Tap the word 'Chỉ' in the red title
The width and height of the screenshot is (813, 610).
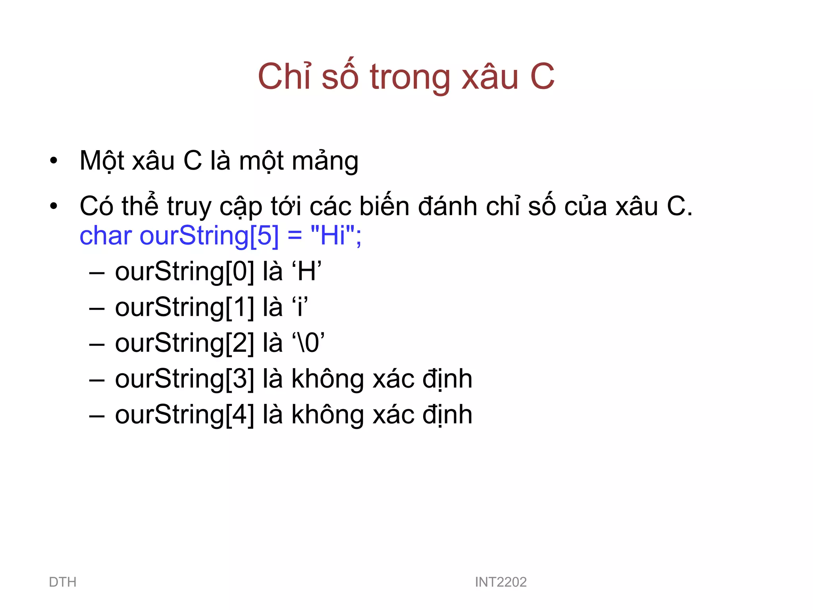pyautogui.click(x=284, y=76)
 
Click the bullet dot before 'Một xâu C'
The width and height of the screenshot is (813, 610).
pyautogui.click(x=54, y=161)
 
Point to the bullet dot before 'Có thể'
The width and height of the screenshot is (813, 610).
pyautogui.click(x=54, y=207)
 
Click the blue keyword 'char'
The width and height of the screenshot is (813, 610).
pyautogui.click(x=106, y=236)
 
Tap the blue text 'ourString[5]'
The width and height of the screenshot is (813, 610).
pyautogui.click(x=209, y=236)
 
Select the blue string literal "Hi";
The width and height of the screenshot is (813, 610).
pyautogui.click(x=336, y=236)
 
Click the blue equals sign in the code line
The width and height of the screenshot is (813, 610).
pyautogui.click(x=295, y=236)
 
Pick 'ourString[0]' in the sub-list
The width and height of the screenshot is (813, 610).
pyautogui.click(x=185, y=272)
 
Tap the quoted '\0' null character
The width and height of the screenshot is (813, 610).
pyautogui.click(x=308, y=343)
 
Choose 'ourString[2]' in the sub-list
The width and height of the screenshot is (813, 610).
pyautogui.click(x=185, y=343)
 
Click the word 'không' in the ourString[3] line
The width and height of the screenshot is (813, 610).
pyautogui.click(x=328, y=379)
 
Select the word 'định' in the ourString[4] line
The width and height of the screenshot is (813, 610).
pyautogui.click(x=447, y=415)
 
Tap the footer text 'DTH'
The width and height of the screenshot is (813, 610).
pyautogui.click(x=63, y=582)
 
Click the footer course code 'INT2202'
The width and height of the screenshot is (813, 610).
pyautogui.click(x=501, y=582)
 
